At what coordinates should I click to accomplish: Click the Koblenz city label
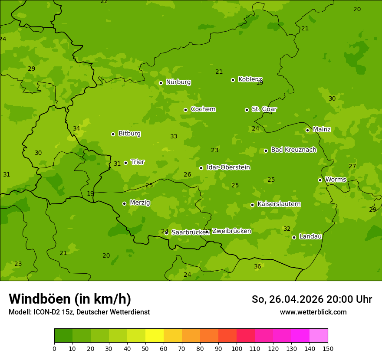[x=250, y=79]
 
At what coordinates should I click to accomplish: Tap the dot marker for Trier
[x=126, y=163]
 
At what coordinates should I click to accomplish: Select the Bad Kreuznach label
[x=293, y=150]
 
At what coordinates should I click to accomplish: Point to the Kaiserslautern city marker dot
[x=252, y=205]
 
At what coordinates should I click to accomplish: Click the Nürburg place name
[x=178, y=82]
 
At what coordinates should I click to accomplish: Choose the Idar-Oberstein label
[x=228, y=167]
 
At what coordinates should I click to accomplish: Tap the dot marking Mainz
[x=307, y=130]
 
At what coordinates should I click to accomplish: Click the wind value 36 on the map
[x=257, y=266]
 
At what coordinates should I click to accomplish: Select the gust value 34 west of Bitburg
[x=76, y=128]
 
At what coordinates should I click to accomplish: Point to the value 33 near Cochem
[x=174, y=136]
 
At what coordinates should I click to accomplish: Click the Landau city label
[x=310, y=236]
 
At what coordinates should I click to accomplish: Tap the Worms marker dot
[x=320, y=180]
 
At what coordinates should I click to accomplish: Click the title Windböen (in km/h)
[x=70, y=299]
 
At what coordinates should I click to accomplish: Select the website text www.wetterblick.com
[x=313, y=312]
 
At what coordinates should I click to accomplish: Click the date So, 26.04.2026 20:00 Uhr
[x=312, y=299]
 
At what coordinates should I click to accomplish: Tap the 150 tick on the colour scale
[x=328, y=348]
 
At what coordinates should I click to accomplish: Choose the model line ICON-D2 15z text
[x=79, y=312]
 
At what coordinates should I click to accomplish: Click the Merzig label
[x=140, y=203]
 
